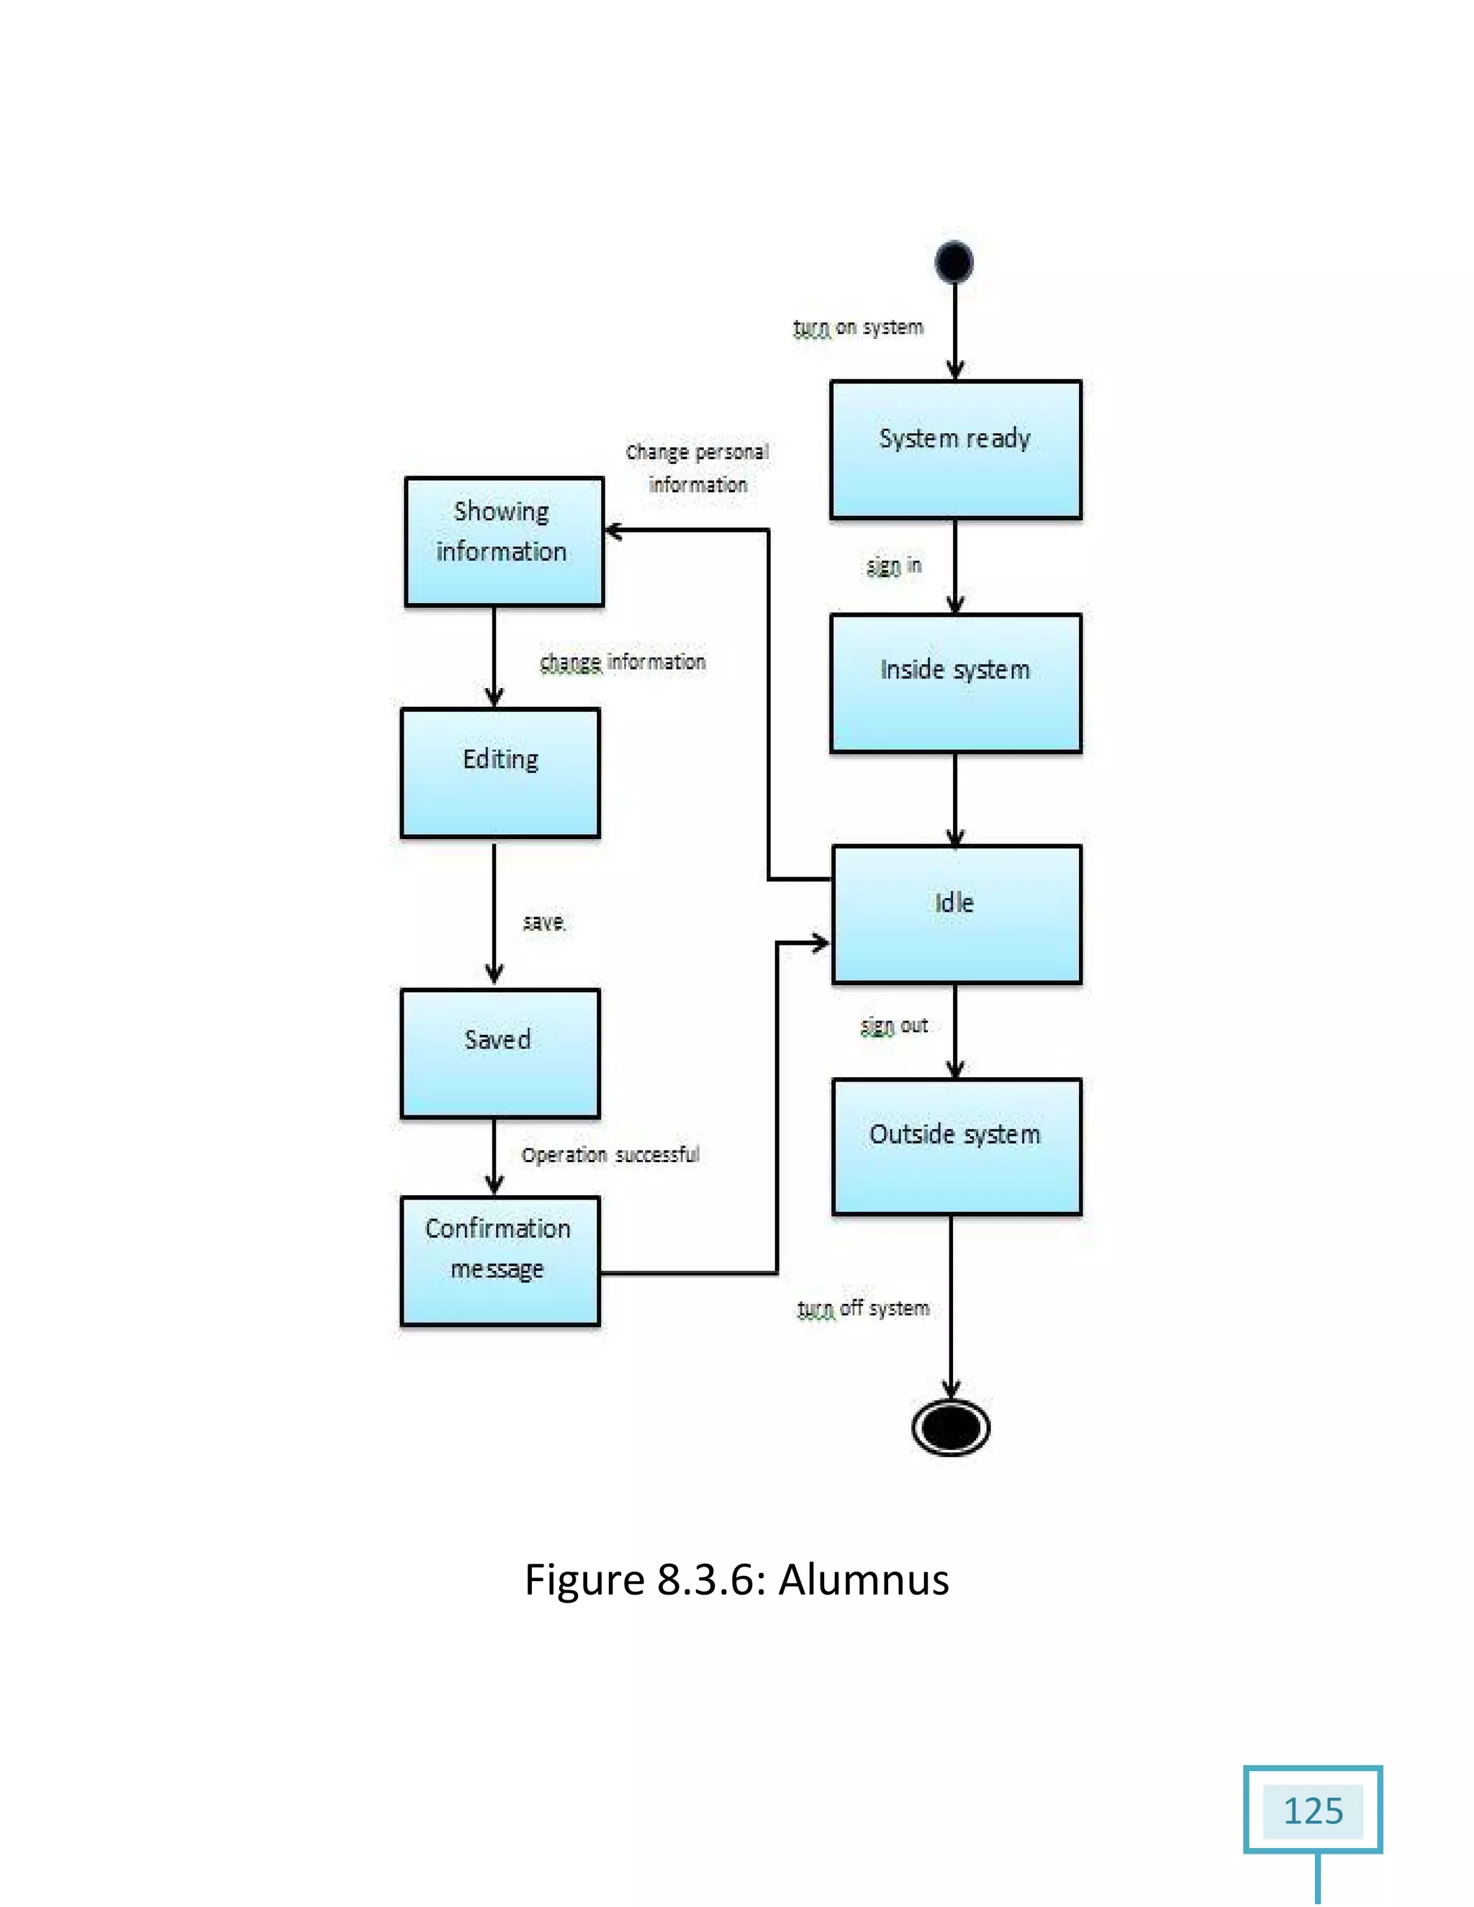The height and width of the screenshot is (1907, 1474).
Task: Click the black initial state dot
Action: tap(954, 261)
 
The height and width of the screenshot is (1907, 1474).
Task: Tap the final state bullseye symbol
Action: tap(950, 1427)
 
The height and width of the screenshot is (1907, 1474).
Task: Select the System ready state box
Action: tap(955, 450)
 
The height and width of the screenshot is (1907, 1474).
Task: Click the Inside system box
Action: tap(955, 683)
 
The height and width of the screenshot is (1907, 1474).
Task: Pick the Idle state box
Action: tap(957, 914)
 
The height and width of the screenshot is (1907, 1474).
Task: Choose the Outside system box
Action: tap(957, 1146)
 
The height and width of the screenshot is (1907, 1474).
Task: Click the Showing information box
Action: tap(504, 541)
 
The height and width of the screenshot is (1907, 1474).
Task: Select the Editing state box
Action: tap(499, 773)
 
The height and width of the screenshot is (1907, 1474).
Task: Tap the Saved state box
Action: tap(499, 1053)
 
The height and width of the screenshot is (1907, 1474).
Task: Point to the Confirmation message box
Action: tap(499, 1260)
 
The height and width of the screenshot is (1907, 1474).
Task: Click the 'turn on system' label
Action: tap(857, 327)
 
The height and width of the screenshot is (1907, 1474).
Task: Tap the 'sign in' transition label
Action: tap(893, 566)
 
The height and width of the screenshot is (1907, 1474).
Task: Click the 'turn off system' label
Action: tap(863, 1308)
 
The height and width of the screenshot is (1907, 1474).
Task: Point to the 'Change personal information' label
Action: tap(697, 468)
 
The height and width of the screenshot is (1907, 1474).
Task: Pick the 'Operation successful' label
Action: tap(610, 1154)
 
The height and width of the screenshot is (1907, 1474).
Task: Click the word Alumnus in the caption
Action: tap(863, 1579)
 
